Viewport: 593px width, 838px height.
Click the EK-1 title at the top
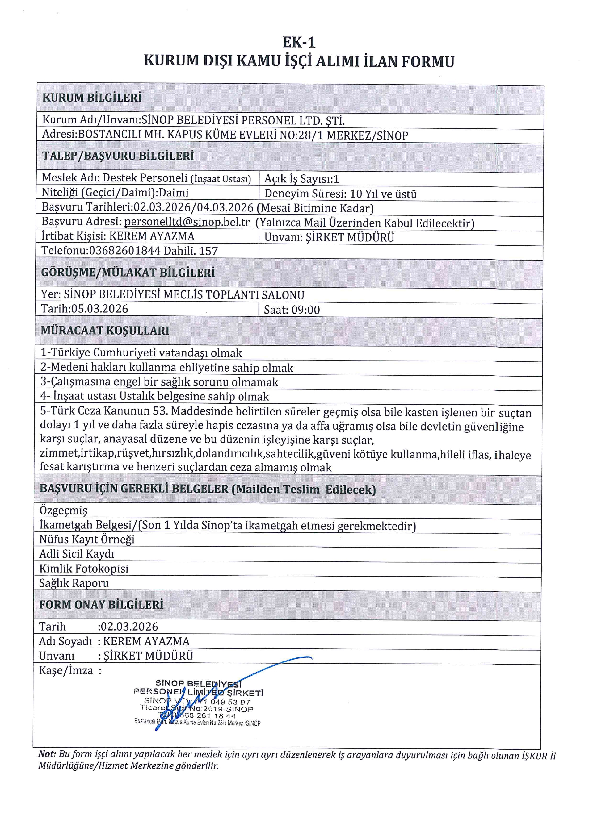pos(299,43)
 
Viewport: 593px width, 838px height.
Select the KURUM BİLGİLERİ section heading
pos(92,98)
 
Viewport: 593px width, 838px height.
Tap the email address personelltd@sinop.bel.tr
pos(187,222)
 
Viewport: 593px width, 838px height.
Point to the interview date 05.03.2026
pos(99,309)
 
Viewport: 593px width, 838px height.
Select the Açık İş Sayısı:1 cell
pos(302,179)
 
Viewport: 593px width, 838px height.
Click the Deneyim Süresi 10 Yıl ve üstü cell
pos(340,194)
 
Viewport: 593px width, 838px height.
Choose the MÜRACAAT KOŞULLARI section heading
pos(105,331)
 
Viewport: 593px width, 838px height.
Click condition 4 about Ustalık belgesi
pos(154,396)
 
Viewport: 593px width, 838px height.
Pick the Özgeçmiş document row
pos(63,510)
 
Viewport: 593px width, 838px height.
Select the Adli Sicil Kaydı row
pos(77,554)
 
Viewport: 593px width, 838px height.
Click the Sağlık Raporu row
pos(74,583)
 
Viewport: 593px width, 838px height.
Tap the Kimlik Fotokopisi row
pos(84,568)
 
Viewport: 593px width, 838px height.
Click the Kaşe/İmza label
pos(66,670)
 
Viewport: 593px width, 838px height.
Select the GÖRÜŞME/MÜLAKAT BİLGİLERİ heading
pos(128,273)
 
